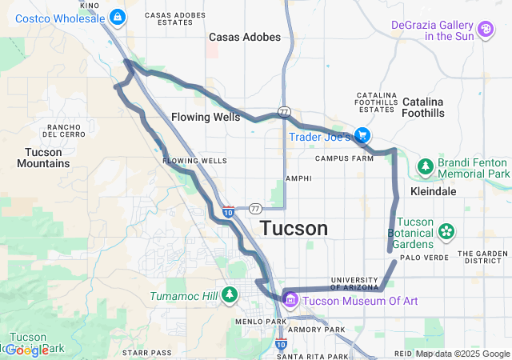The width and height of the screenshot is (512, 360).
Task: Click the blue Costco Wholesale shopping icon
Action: click(118, 16)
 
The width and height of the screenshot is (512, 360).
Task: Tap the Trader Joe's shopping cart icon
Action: click(362, 136)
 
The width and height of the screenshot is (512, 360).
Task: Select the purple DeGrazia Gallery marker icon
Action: click(486, 30)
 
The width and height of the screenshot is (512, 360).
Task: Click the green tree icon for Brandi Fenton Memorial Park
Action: click(426, 167)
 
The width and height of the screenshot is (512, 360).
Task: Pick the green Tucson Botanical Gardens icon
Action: click(446, 232)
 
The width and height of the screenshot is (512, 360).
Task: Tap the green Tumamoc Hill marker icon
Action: click(230, 296)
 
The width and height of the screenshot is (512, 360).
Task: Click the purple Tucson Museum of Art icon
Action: click(290, 300)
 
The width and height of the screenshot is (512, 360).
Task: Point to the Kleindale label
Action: click(433, 192)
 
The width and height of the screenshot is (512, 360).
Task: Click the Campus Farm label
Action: click(345, 158)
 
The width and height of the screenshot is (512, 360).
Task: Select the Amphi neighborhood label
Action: click(298, 178)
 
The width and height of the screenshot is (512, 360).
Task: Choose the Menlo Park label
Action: click(261, 322)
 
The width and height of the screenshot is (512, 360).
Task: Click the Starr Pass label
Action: click(147, 352)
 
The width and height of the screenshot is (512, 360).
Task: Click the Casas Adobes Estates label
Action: click(170, 18)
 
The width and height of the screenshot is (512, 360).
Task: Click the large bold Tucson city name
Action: click(294, 229)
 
